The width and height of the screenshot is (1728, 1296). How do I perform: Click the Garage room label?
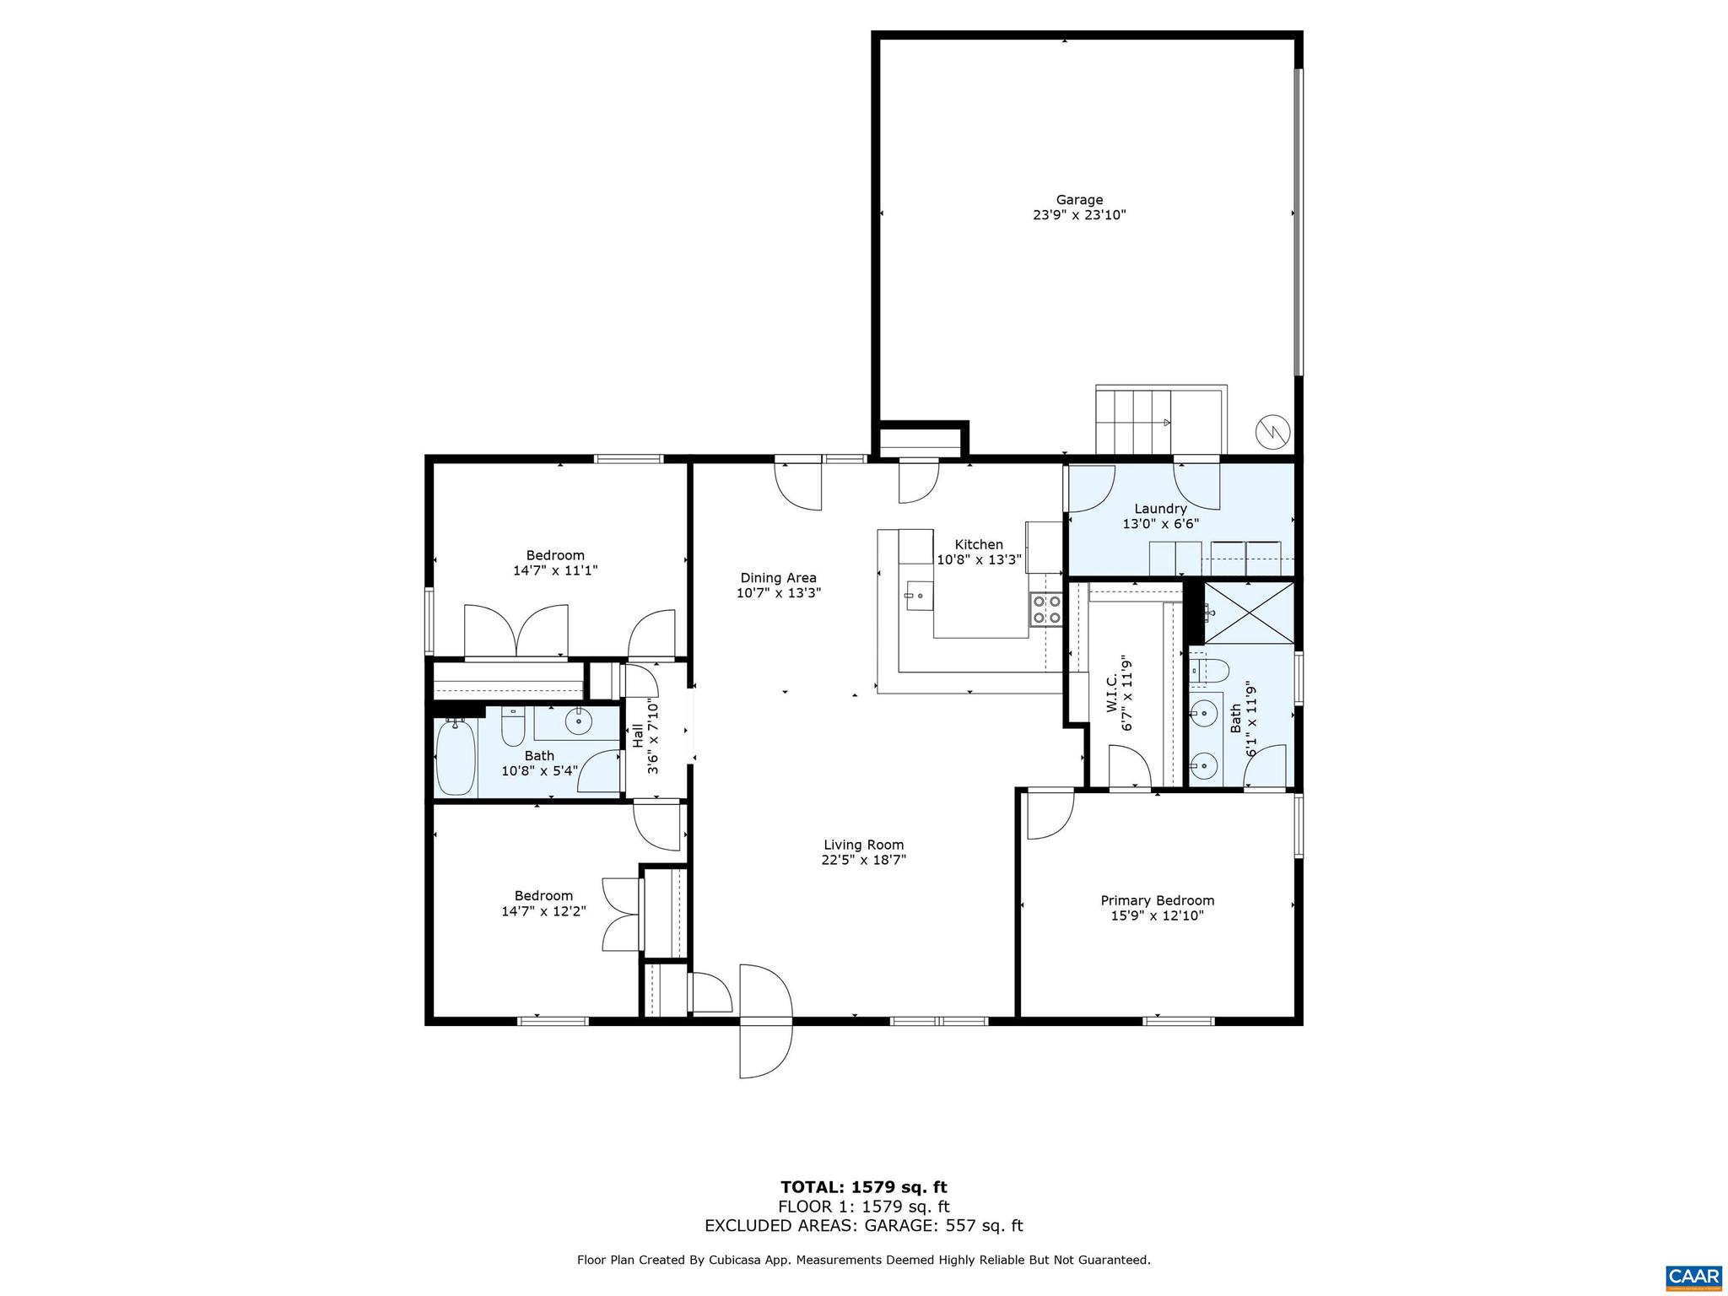click(x=1079, y=200)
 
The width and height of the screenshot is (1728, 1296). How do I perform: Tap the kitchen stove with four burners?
click(x=1046, y=609)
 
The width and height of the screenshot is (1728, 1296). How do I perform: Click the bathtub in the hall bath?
click(x=456, y=756)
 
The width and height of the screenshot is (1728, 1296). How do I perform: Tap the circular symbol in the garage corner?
click(x=1272, y=433)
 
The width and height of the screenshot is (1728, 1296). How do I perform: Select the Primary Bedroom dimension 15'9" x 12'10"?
click(x=1157, y=915)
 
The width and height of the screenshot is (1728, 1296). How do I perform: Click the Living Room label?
click(x=863, y=845)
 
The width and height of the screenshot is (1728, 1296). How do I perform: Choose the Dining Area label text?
click(x=778, y=578)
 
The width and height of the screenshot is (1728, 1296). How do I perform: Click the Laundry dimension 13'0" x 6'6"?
click(x=1160, y=524)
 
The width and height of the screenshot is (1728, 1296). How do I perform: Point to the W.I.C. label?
click(x=1111, y=692)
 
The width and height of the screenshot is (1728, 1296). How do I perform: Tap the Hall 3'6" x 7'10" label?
click(x=645, y=736)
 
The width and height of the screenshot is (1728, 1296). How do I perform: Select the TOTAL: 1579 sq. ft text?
click(x=863, y=1188)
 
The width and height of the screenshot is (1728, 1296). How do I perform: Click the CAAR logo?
click(x=1694, y=1274)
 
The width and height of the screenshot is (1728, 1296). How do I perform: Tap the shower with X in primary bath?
click(x=1248, y=613)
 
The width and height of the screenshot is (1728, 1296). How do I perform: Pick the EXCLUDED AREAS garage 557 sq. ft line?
click(x=863, y=1226)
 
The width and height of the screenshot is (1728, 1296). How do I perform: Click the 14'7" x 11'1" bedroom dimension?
click(x=555, y=570)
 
